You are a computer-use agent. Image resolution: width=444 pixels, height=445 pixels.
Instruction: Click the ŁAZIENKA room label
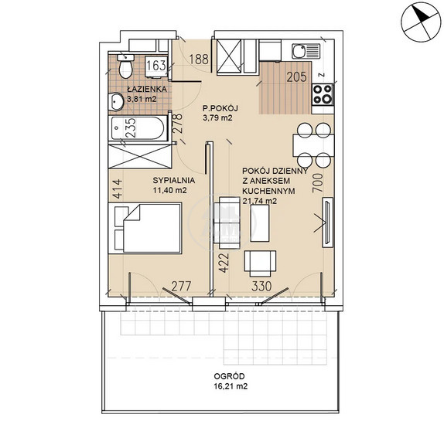point(147,89)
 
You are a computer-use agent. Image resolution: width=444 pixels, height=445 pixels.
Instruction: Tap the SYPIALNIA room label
point(174,180)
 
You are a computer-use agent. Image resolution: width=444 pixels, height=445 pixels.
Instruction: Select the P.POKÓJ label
point(220,108)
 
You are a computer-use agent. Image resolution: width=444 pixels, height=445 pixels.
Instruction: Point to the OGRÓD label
point(229,376)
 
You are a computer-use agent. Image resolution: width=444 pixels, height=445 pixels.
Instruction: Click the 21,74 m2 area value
point(260,201)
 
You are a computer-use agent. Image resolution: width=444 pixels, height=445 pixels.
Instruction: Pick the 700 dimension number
point(318,183)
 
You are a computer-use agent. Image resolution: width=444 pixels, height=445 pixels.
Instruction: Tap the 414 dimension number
point(117,189)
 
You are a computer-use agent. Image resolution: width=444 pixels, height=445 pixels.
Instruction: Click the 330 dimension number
point(261,286)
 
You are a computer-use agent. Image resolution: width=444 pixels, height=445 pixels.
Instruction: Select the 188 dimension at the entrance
point(199,59)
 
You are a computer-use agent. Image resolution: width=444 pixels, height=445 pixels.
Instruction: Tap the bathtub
point(138,128)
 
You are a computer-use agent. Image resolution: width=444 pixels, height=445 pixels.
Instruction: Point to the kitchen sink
point(306,51)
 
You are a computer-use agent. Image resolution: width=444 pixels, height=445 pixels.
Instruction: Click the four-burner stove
point(323,94)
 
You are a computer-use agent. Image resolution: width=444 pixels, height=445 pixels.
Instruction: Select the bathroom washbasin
point(115,101)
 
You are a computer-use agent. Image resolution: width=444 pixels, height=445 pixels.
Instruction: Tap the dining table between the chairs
point(313,145)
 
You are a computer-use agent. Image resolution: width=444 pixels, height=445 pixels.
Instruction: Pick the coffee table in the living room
point(260,223)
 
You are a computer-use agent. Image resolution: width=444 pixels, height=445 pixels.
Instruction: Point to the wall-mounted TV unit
point(327,222)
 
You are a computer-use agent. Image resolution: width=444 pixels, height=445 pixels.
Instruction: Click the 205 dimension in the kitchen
point(296,77)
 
